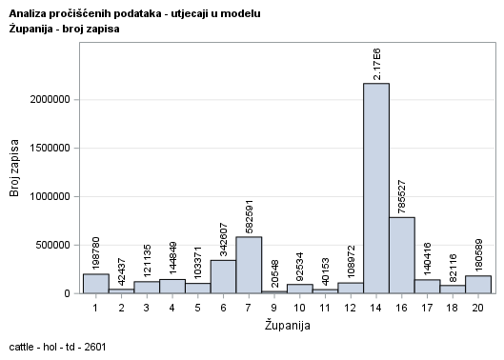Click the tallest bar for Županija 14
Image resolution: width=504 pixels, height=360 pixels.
coord(376,189)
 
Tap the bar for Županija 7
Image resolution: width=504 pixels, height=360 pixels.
coord(249,265)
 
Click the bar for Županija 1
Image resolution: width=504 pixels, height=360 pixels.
coord(95,284)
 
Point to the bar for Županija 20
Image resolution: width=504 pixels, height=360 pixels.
coord(478,285)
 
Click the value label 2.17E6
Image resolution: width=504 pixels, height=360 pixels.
coord(376,63)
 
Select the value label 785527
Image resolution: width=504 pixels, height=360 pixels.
coord(402,190)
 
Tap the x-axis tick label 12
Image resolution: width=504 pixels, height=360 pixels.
coord(351,309)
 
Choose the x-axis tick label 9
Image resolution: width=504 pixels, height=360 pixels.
coord(274,309)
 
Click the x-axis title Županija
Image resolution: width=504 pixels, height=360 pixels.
coord(287,326)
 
